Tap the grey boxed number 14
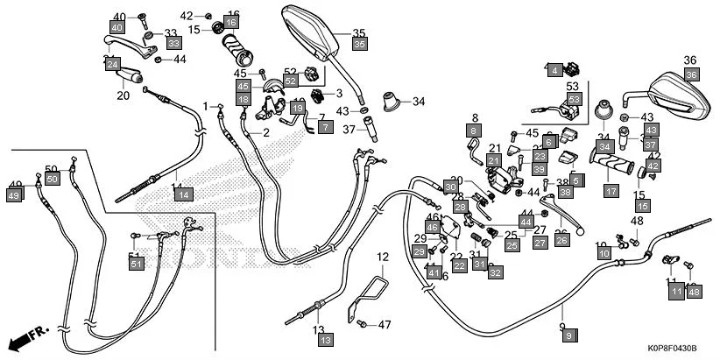(x=181, y=194)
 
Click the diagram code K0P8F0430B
(x=673, y=349)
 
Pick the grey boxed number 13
(x=325, y=339)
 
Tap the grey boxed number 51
(x=136, y=264)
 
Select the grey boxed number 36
(x=690, y=75)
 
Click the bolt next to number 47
(x=361, y=325)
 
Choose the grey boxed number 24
(x=112, y=65)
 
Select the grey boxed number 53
(x=573, y=100)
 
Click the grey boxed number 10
(x=604, y=253)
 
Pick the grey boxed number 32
(x=496, y=273)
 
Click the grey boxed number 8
(x=474, y=131)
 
